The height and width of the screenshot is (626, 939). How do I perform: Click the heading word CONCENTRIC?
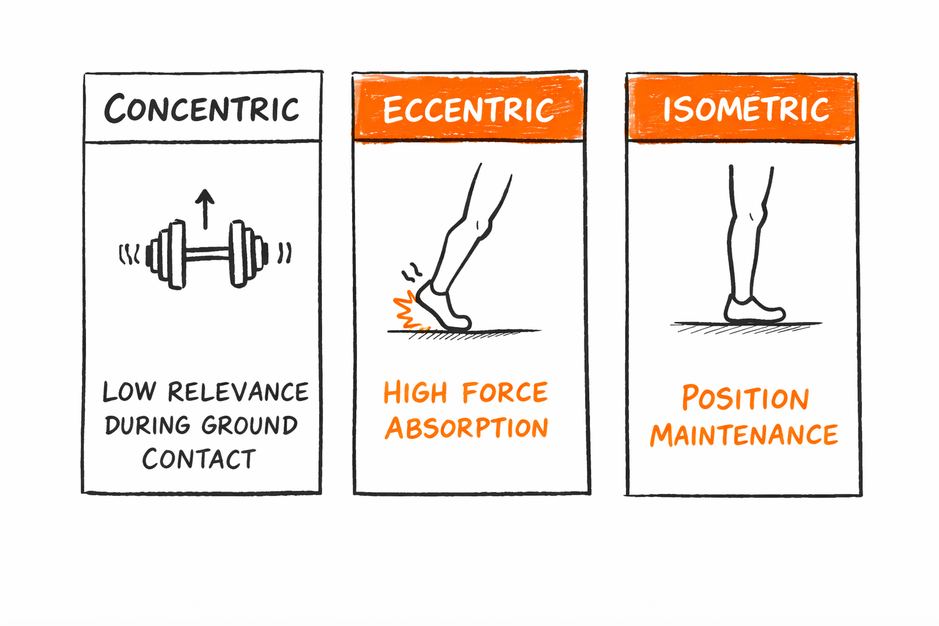[202, 109]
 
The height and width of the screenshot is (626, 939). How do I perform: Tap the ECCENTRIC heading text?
[468, 110]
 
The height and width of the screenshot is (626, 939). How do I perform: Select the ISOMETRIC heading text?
[746, 109]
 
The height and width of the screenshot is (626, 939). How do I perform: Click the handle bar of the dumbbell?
[207, 253]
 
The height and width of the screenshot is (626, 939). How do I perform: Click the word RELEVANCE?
[238, 392]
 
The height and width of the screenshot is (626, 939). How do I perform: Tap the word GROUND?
[249, 425]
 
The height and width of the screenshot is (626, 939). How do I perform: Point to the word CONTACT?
[199, 459]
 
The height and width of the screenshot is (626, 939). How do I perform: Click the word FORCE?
[504, 393]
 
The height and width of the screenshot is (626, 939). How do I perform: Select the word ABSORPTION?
[467, 428]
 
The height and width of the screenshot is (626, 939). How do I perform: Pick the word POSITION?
[745, 399]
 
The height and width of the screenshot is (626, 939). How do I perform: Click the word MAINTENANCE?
[744, 435]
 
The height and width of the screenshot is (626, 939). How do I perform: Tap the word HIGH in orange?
[416, 392]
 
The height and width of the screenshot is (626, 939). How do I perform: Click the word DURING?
[147, 425]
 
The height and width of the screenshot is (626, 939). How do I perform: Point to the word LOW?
[129, 392]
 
